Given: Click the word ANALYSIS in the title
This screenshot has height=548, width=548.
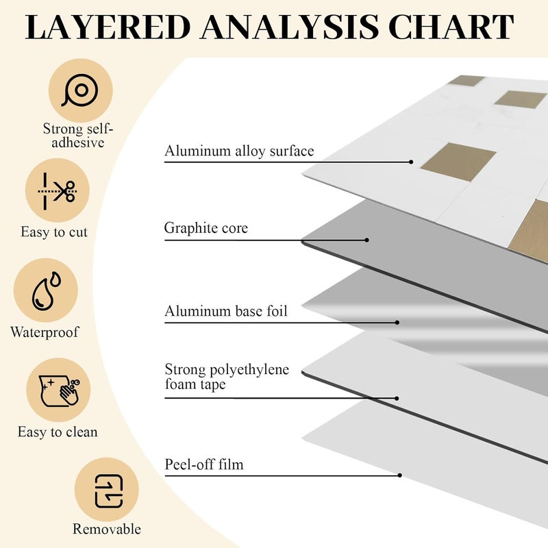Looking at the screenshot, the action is pos(290,27).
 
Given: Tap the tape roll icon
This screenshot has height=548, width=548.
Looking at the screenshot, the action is pos(80,90).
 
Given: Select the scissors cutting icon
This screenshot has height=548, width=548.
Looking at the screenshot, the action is pos(58,191).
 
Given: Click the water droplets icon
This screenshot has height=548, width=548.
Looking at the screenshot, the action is pos(46,290).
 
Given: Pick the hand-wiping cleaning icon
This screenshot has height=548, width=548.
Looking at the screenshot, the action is pos(59,390).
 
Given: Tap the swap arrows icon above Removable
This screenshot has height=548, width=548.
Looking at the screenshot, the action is pos(109,490).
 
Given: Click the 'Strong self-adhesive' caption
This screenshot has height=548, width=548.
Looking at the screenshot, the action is pos(78,136).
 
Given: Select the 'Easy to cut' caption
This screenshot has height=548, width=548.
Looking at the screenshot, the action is pos(54,232).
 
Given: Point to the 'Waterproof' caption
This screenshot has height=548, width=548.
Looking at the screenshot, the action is pos(45,332).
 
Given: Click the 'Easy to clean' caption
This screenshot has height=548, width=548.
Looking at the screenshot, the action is pos(58,432).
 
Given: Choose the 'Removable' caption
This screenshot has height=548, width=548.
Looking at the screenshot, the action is pos(107,529).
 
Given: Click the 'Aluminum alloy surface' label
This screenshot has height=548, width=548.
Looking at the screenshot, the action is pos(239,151).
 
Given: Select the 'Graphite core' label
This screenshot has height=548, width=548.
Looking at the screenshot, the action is pos(206,228).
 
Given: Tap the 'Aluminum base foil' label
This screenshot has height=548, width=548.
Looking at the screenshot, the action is pos(226,311).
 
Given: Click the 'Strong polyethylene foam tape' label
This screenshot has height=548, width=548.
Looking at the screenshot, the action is pos(227,377).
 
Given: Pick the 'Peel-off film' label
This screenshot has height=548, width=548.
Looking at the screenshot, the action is pos(204,464).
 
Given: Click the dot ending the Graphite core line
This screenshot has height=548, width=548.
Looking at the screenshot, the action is pos(366,240).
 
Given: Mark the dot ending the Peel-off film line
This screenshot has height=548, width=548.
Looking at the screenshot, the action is pos(400,475).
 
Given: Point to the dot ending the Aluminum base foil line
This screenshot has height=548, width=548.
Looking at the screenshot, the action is pos(397,323).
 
